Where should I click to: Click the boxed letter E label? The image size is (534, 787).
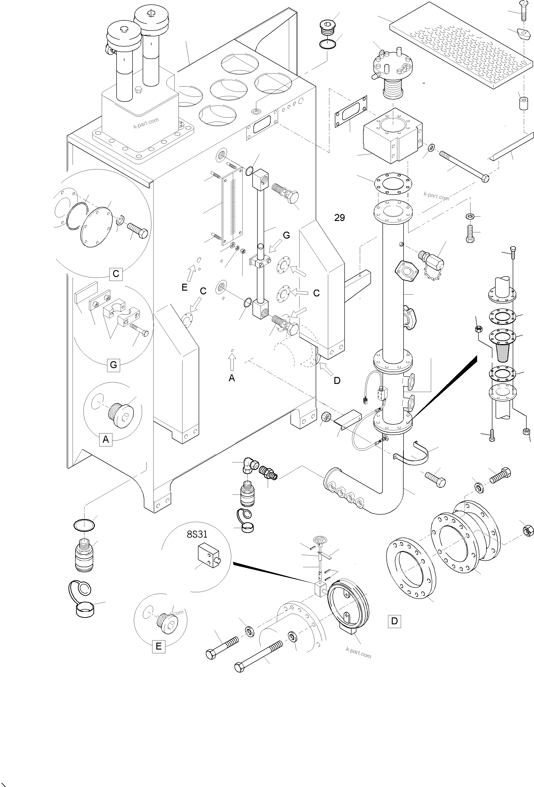point(158,647)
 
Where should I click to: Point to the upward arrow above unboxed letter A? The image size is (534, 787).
point(232,363)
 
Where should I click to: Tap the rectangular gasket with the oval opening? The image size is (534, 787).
point(351,111)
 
